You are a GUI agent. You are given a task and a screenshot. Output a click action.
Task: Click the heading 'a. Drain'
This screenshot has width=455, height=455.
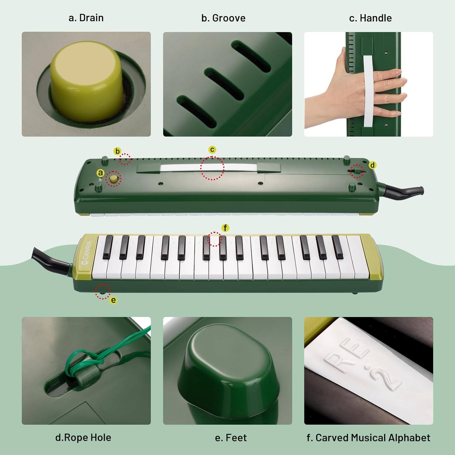(86, 18)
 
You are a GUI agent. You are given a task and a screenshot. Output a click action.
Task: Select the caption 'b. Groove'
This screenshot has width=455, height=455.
(223, 18)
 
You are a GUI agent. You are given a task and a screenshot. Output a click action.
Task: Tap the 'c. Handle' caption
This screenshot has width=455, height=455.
(370, 18)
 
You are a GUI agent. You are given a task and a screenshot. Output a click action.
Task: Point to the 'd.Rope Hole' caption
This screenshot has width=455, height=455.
(83, 437)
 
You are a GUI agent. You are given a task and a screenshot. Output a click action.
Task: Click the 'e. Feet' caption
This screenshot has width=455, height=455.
(231, 438)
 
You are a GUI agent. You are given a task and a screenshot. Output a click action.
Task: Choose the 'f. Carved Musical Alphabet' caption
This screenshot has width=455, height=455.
(368, 438)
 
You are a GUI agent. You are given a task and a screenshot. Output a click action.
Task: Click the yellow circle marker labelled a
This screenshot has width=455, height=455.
(100, 173)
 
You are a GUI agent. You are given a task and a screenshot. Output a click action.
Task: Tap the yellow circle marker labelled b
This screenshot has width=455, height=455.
(117, 151)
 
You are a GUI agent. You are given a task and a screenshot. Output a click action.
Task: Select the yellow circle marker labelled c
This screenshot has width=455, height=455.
(212, 150)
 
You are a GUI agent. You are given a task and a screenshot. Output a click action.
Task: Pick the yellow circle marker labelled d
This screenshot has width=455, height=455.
(372, 165)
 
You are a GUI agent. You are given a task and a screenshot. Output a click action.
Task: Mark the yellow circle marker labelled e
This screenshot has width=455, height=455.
(113, 300)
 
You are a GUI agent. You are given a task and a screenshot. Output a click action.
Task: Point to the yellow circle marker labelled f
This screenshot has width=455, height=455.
(225, 227)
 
